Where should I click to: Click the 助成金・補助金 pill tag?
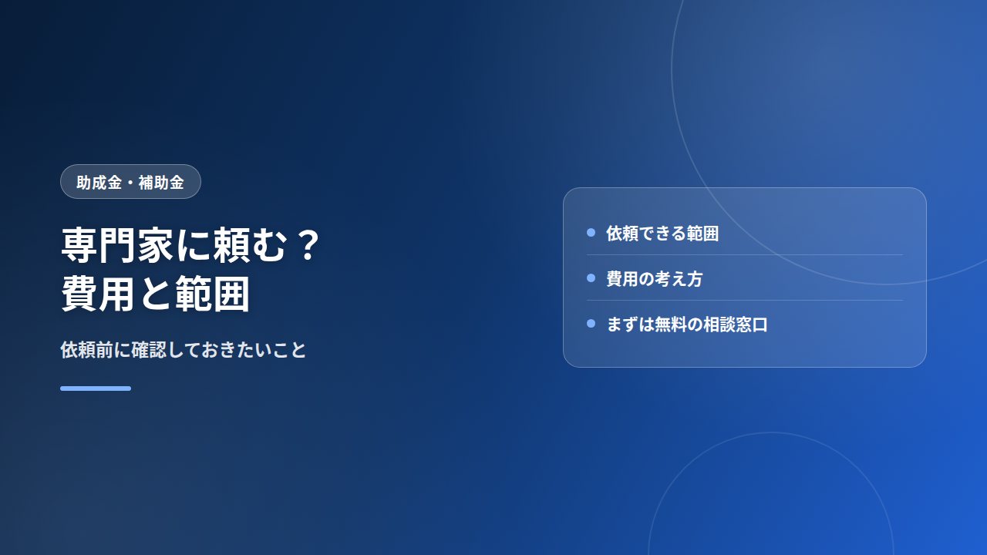click(x=130, y=181)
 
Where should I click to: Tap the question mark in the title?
click(x=308, y=244)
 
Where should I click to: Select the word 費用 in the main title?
click(x=98, y=294)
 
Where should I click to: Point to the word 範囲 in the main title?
click(x=213, y=294)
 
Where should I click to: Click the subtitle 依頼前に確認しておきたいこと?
click(x=184, y=350)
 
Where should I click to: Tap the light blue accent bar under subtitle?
click(x=96, y=388)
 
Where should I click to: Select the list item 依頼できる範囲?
click(x=662, y=234)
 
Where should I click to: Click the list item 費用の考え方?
click(x=655, y=279)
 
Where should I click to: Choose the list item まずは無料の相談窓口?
click(x=687, y=325)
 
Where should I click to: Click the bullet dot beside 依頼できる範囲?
click(x=591, y=233)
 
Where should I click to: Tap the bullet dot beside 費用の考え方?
click(x=591, y=278)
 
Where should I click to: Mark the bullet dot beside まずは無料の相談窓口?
click(x=591, y=324)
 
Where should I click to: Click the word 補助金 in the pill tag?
click(x=161, y=183)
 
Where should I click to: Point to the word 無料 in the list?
click(x=670, y=325)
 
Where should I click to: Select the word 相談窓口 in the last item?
click(x=736, y=325)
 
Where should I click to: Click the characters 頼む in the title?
click(x=251, y=245)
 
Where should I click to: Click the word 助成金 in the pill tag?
click(x=99, y=183)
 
